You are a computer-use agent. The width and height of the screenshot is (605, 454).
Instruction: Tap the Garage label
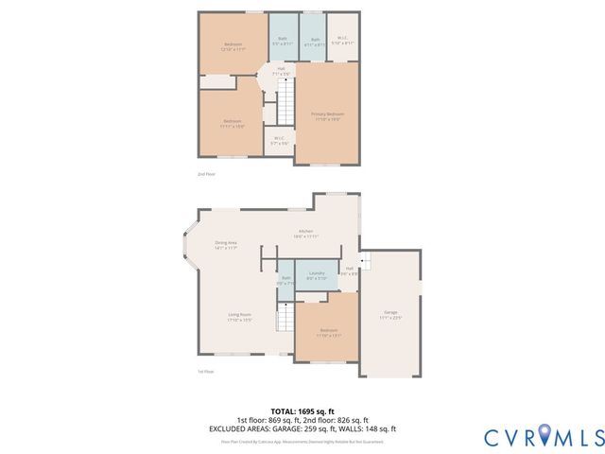[x=390, y=314]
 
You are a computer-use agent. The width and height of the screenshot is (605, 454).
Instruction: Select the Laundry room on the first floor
[x=317, y=275]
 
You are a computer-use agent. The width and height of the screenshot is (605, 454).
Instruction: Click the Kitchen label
[x=306, y=234]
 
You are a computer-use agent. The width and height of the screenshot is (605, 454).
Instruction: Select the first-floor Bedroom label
[x=328, y=331]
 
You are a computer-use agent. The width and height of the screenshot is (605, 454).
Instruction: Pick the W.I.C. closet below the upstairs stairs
[x=280, y=140]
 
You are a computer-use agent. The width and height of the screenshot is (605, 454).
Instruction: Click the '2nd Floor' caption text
[x=206, y=175]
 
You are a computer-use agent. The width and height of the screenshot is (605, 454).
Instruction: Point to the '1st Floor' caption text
[x=205, y=372]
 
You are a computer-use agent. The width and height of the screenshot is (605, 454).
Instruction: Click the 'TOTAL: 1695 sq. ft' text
[x=302, y=410]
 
